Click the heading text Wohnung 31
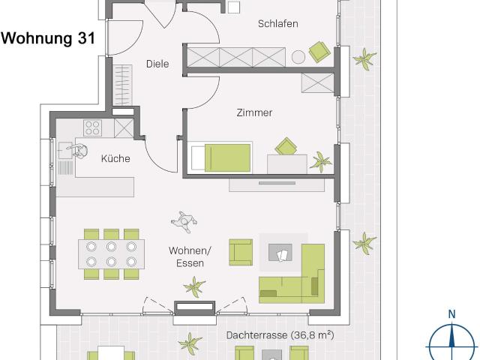(x=47, y=38)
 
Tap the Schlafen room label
(x=278, y=24)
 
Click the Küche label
(x=115, y=158)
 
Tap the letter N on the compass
(x=451, y=314)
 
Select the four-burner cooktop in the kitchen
(x=93, y=127)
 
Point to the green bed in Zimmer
(x=227, y=158)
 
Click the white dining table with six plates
(x=110, y=253)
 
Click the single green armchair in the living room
(x=241, y=252)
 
